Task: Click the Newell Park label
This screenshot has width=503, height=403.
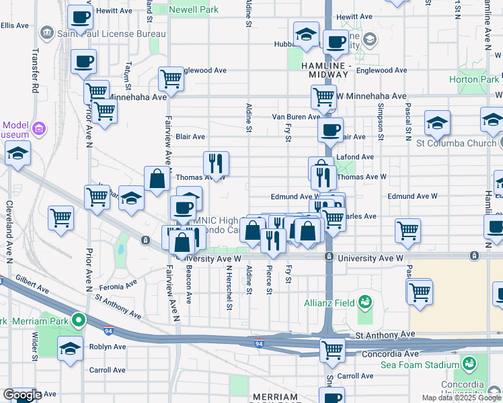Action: coord(194,10)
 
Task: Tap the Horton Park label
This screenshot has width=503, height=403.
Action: coord(473,79)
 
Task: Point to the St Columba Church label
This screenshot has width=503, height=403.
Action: coord(455,142)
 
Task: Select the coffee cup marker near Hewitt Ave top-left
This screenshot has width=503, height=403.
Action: coord(81,18)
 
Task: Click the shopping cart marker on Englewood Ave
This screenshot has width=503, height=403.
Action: coord(171,78)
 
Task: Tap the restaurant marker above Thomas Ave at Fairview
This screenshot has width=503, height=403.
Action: coord(216,163)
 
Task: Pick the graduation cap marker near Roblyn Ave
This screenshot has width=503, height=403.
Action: coord(70,349)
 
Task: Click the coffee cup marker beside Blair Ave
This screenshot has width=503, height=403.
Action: coord(330,130)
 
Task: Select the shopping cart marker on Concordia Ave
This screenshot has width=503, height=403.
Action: coord(332,350)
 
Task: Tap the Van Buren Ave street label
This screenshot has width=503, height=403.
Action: coord(296,117)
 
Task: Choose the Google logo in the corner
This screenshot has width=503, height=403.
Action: coord(22,395)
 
